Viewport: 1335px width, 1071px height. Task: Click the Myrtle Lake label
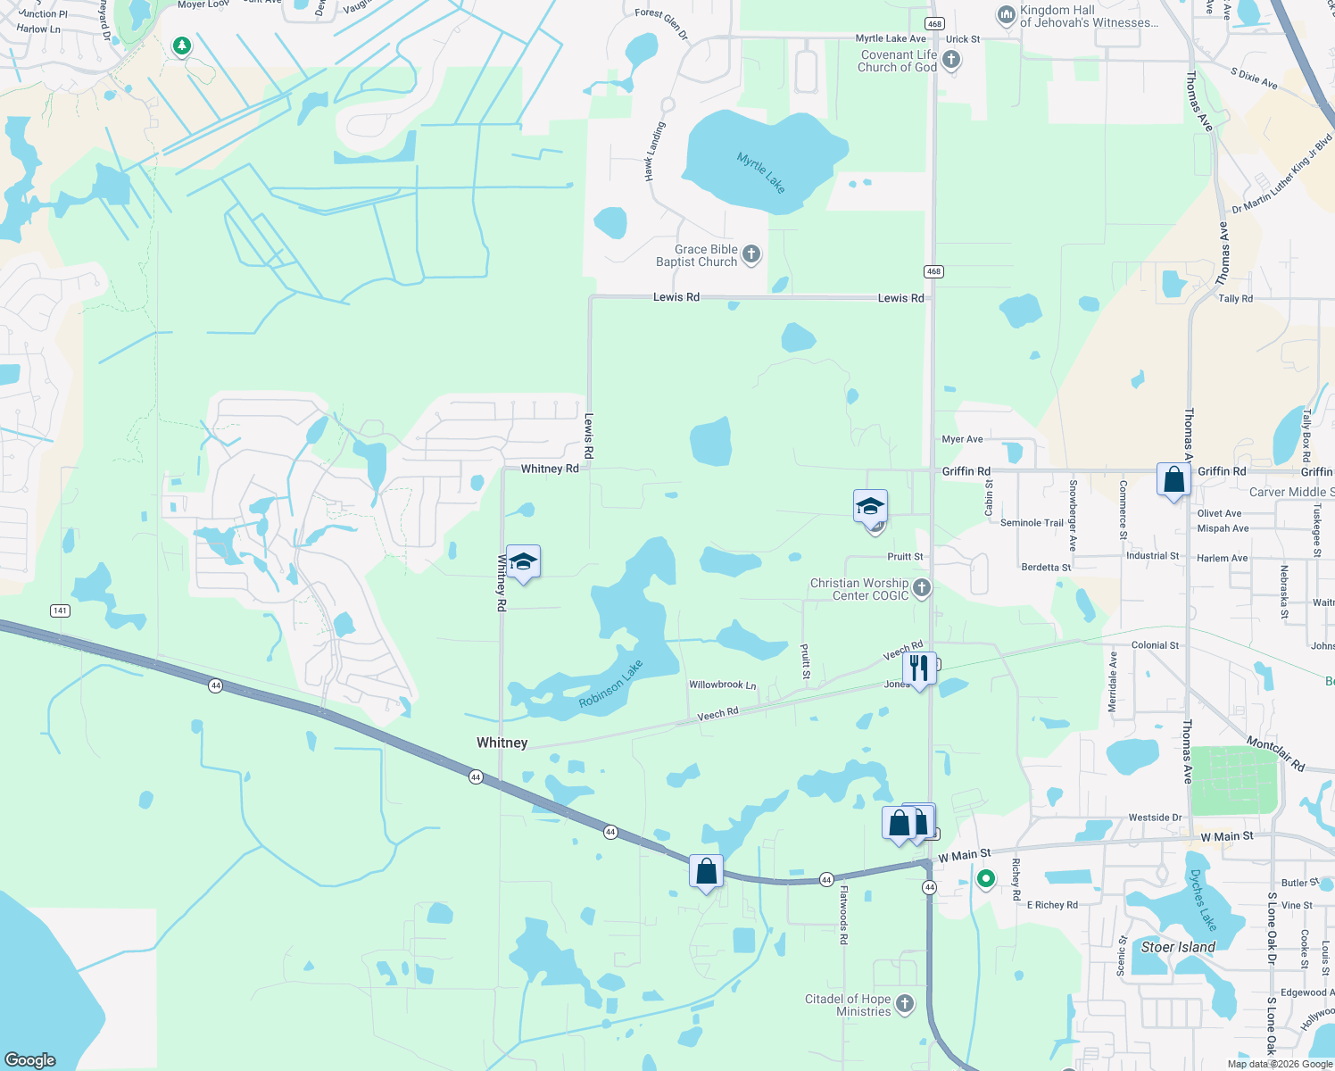[761, 172]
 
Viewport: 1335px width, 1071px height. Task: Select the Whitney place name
[502, 743]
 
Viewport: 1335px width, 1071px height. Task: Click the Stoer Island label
[1178, 947]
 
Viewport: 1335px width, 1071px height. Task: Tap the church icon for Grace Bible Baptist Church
[751, 254]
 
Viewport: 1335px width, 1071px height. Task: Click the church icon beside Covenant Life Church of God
[951, 60]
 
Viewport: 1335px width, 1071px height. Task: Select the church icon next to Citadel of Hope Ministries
[905, 1004]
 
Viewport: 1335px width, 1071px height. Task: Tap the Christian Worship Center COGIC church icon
[922, 587]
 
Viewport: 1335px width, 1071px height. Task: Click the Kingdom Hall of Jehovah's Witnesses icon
[1007, 15]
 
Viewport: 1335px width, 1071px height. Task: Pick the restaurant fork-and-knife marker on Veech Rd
[918, 668]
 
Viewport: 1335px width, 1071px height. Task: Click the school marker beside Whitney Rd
[523, 561]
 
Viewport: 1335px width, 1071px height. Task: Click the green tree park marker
[182, 46]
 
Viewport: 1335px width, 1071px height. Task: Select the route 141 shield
[60, 610]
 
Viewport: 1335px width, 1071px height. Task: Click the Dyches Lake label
[1203, 901]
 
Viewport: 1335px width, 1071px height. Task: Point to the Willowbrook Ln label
[722, 685]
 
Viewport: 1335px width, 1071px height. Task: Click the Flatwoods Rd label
[843, 915]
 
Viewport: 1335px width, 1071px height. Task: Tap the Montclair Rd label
[1275, 754]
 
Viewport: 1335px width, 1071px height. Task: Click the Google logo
[30, 1059]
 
